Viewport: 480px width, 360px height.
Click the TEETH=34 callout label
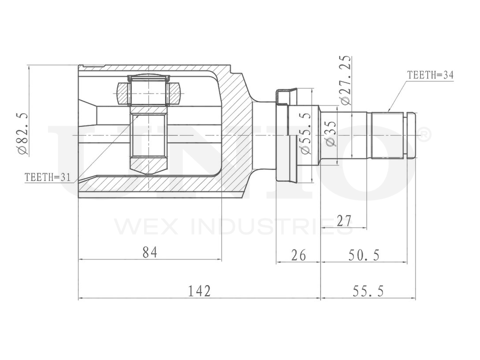point(430,75)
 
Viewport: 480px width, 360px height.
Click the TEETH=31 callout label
point(48,177)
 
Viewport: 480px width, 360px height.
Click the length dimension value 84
point(150,252)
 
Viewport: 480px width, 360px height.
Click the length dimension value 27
point(344,221)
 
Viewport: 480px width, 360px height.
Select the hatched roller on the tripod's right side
point(174,94)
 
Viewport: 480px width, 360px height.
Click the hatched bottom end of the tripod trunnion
point(148,164)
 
